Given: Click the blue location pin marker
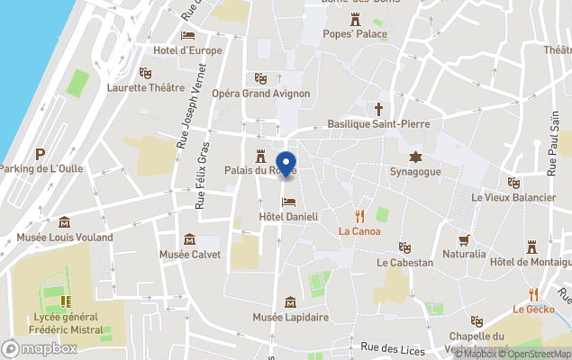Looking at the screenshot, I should pos(286,165).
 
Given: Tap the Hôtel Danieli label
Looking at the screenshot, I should pos(288,217).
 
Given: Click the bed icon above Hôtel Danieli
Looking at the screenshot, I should pos(288,202).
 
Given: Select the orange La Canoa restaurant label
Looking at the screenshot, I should pos(359,231).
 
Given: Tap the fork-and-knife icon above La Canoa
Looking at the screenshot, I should pos(359,215).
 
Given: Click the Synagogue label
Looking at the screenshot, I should pos(414,171).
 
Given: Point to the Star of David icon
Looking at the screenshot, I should pos(414,156).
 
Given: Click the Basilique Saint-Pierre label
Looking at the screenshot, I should pos(378,123).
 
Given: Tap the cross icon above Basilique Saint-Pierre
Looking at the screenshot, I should pos(378,108).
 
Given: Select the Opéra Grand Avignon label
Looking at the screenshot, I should pos(261,94).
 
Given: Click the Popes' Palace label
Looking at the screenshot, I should pos(355,34).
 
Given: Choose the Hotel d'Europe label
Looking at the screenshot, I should pos(187,50).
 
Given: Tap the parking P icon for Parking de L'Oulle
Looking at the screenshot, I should pos(40,154).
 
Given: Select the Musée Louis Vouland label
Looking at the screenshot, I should pos(65,238).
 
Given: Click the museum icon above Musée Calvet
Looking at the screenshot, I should pos(189,239).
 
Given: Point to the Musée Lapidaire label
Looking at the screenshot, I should pos(290,318).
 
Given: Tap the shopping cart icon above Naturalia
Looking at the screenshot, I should pos(464,239).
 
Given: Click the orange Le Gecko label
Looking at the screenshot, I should pos(532,310).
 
